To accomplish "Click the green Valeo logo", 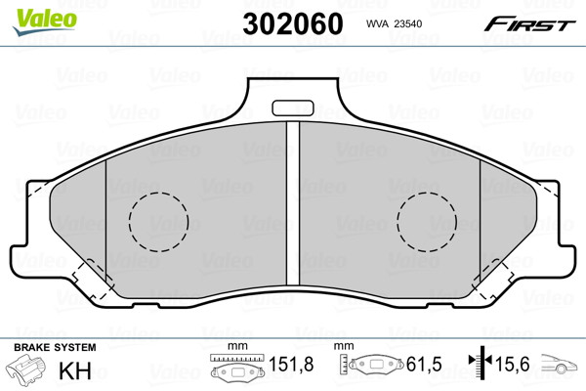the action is tap(45, 22).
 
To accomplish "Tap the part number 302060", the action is tap(293, 23).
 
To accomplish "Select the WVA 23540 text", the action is tap(394, 23).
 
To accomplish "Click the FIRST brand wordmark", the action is tap(529, 24).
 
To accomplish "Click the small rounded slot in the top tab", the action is tap(293, 108).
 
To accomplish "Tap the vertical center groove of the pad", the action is tap(293, 203).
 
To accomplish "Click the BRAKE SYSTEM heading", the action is tap(55, 347).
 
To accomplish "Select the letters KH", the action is tap(75, 370).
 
